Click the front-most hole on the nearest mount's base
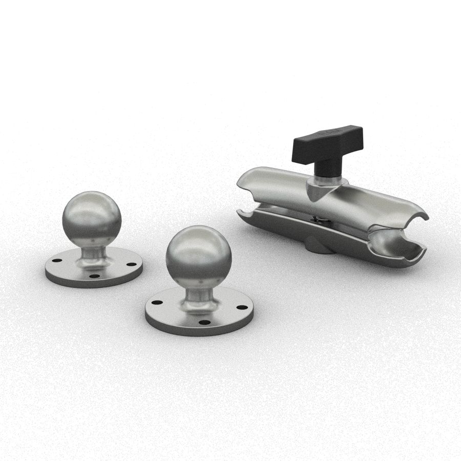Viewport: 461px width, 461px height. coord(204,323)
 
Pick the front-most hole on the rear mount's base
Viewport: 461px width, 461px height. coord(94,276)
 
